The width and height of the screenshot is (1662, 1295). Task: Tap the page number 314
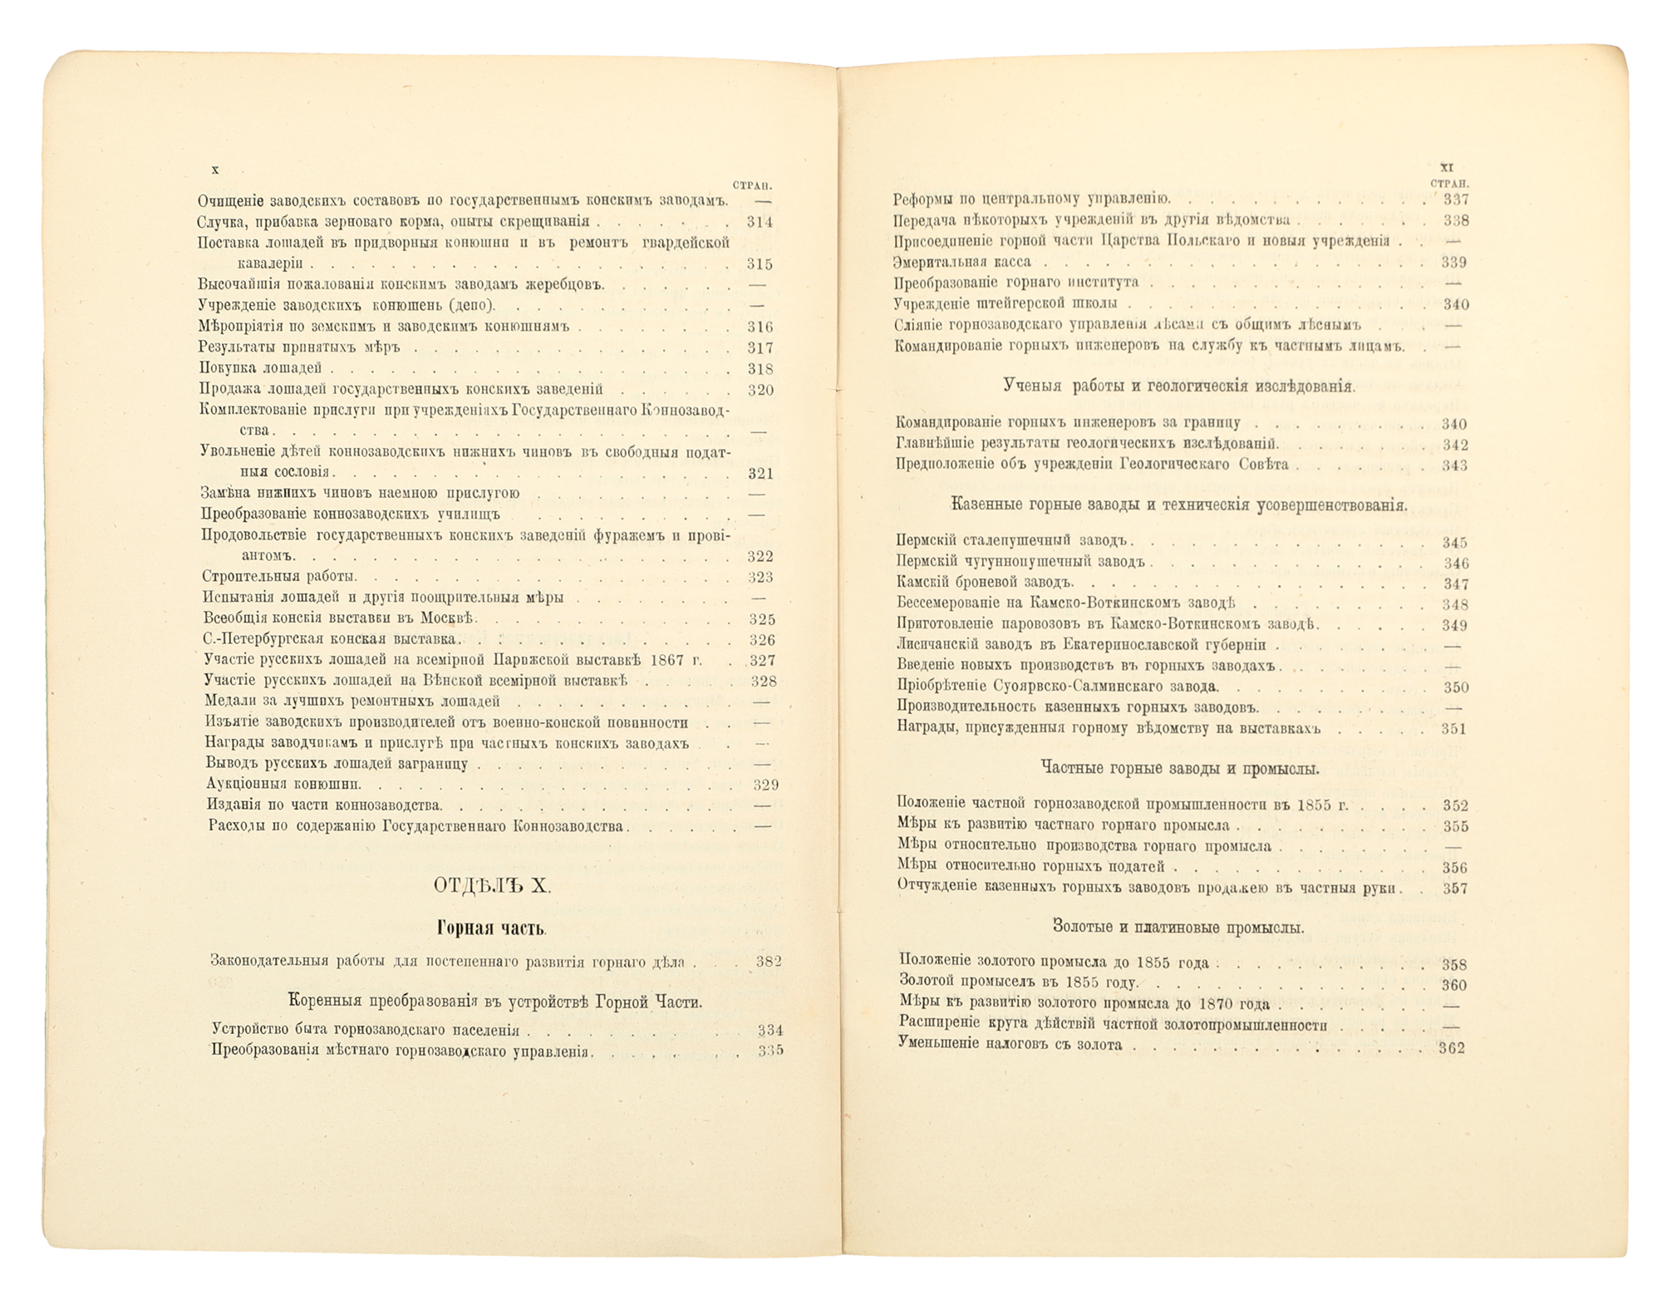coord(760,222)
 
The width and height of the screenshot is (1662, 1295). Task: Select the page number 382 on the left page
coord(769,962)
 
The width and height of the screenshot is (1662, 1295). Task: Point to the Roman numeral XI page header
coord(1446,167)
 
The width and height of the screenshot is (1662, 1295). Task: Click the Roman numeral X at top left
coord(215,170)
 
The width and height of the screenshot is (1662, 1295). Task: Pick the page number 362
coord(1451,1049)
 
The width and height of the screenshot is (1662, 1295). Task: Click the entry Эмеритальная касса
coord(962,262)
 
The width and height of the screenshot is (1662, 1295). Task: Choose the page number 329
coord(765,785)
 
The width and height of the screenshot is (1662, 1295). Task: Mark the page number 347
coord(1455,584)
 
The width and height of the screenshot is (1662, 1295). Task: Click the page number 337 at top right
coord(1456,199)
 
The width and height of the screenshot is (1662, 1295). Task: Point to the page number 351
coord(1454,729)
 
